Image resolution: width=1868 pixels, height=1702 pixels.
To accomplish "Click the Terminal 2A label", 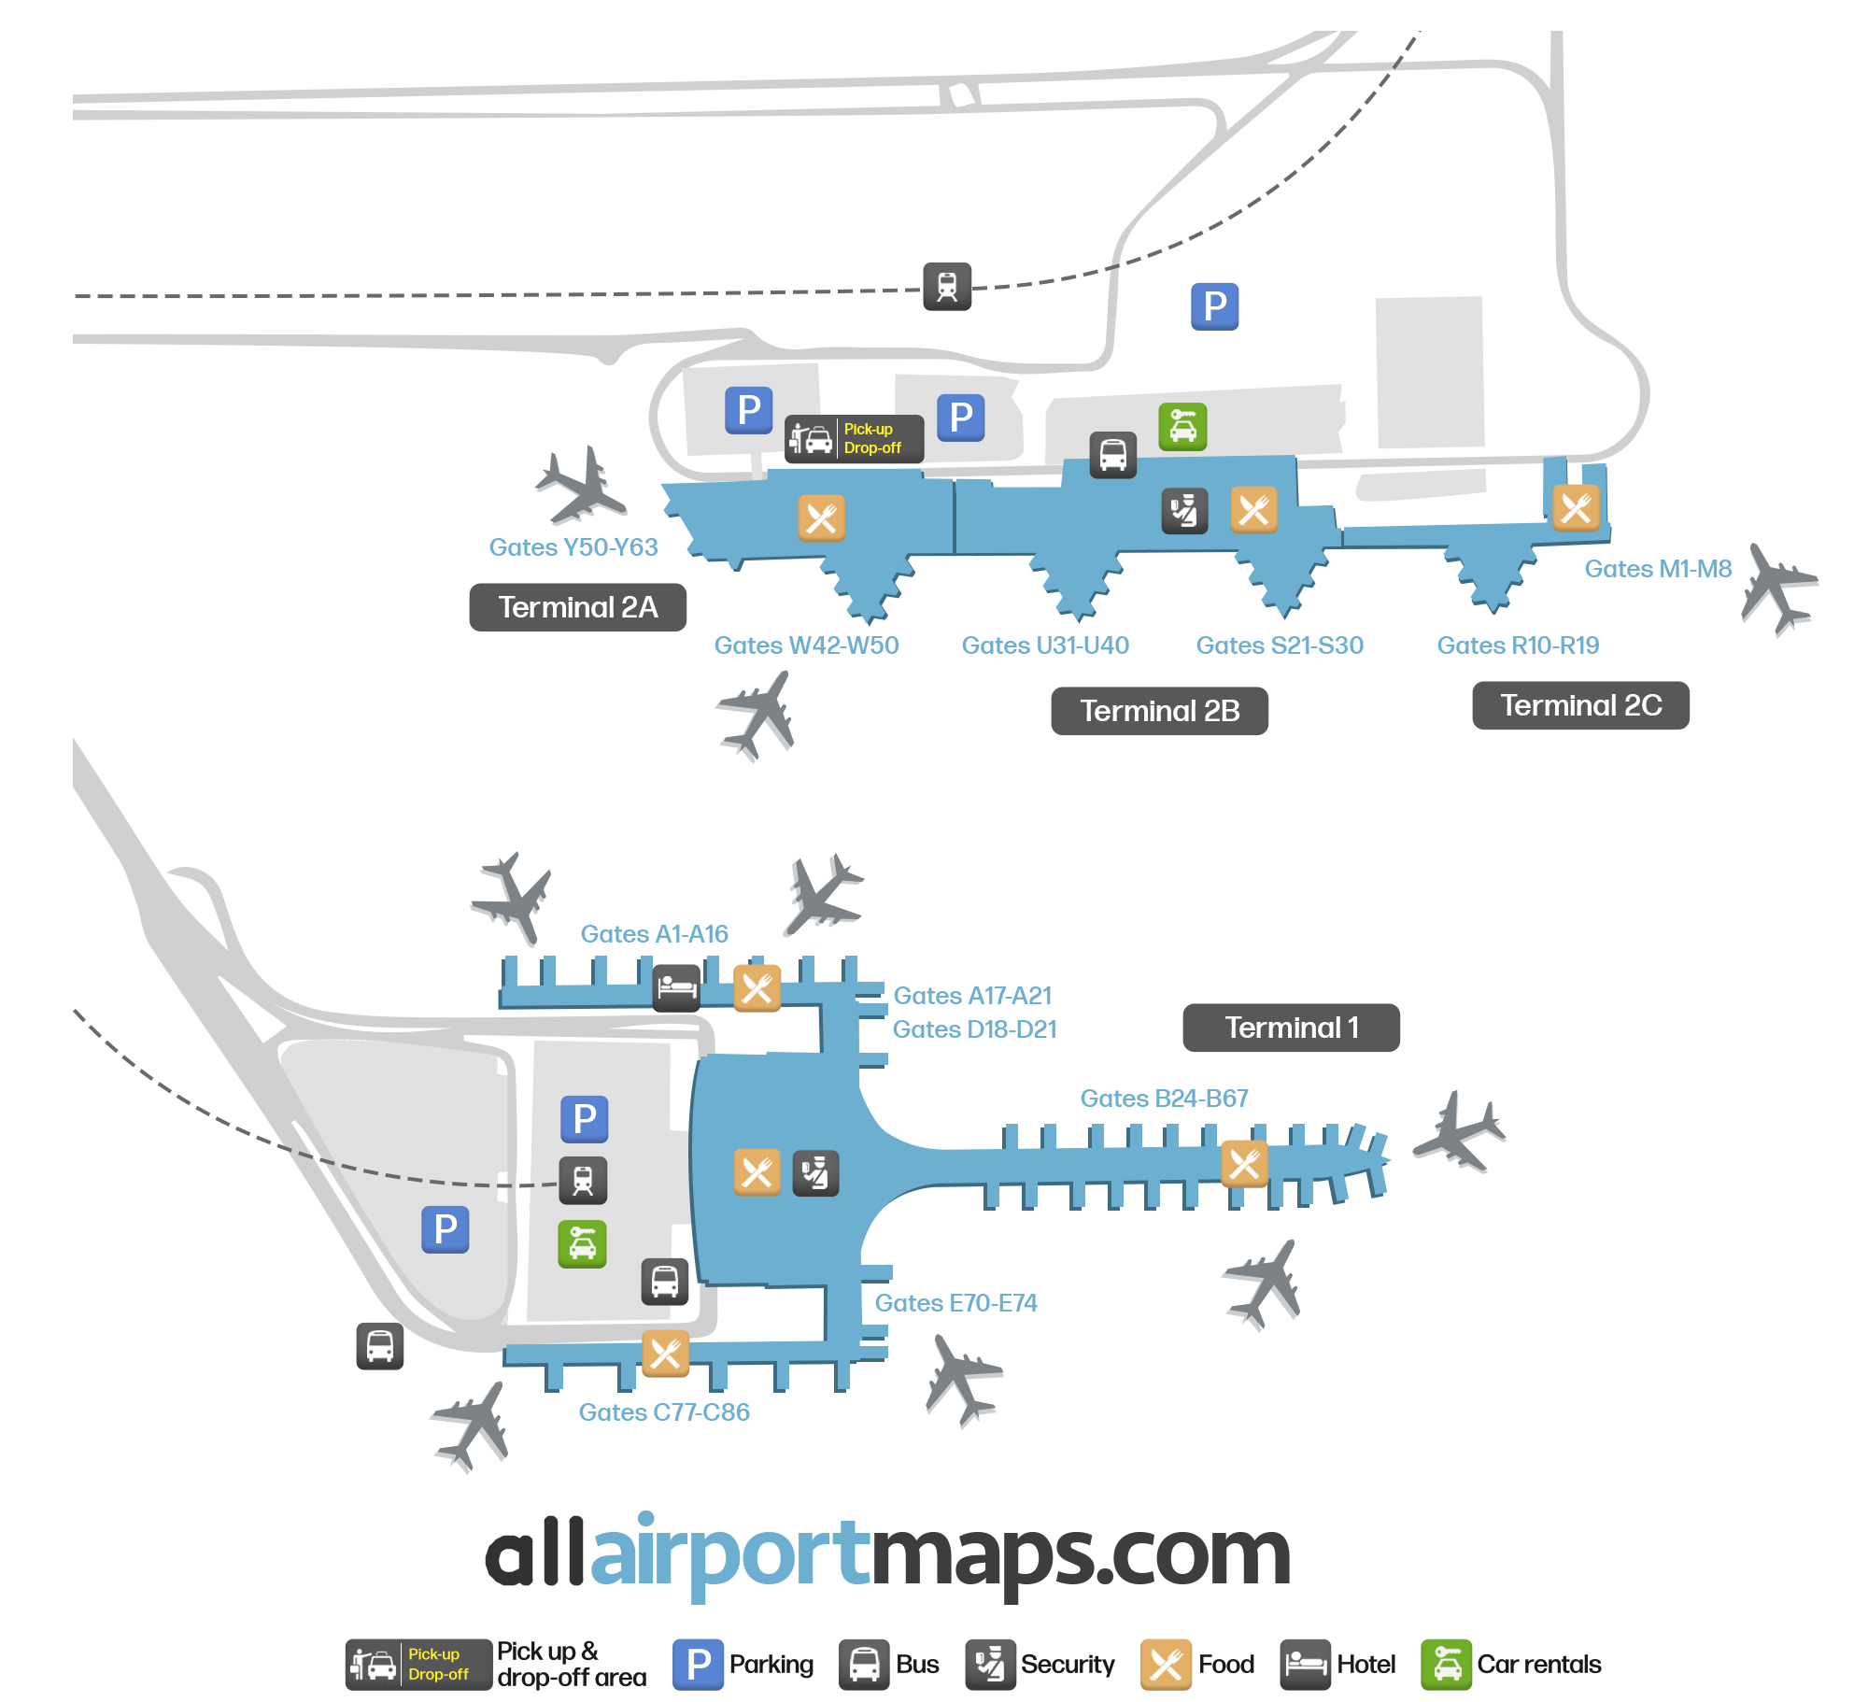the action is (x=577, y=607).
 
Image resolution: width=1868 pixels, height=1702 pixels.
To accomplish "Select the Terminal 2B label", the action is (x=1159, y=711).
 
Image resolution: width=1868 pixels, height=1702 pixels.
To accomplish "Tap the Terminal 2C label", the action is (x=1580, y=705).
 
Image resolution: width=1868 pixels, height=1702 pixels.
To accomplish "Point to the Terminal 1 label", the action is (x=1291, y=1028).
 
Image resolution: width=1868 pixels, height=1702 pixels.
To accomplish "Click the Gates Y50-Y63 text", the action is (x=573, y=547).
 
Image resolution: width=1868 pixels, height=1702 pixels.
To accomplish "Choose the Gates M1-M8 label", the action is (x=1658, y=569).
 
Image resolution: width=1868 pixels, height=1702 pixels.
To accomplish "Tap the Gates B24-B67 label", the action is (x=1164, y=1099).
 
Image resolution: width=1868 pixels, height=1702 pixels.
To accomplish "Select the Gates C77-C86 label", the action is (x=664, y=1412).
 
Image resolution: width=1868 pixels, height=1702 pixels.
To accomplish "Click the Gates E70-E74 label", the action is (x=955, y=1303).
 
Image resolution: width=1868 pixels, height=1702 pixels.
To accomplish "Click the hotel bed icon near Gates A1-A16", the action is (x=677, y=987).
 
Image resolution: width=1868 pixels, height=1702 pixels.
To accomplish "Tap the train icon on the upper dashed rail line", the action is (x=947, y=286).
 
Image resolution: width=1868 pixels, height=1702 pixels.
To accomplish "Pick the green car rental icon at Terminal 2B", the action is (x=1182, y=427).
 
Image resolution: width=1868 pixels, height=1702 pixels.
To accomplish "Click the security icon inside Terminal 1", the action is (x=815, y=1173).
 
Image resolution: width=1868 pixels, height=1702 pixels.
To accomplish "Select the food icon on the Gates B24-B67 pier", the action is (x=1245, y=1164).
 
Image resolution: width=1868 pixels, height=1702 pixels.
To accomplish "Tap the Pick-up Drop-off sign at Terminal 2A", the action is (x=854, y=439).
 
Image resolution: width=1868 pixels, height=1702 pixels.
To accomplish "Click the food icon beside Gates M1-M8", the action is (x=1576, y=508).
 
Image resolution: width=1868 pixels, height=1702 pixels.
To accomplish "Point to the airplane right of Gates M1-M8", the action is (x=1778, y=589).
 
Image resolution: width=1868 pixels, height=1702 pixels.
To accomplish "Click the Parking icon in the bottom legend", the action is (x=699, y=1665).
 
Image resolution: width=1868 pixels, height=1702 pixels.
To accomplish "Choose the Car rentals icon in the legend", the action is (x=1446, y=1665).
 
